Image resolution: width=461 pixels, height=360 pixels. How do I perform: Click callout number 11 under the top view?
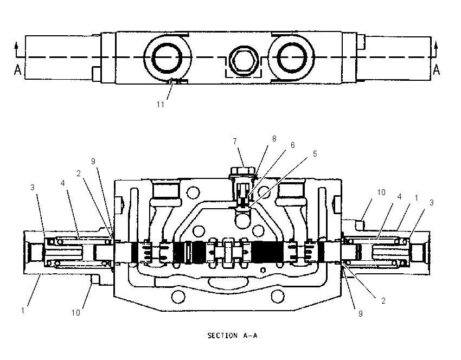160,104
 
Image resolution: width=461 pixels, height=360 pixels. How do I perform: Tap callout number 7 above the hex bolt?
235,142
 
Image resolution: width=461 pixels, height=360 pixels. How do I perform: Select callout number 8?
274,139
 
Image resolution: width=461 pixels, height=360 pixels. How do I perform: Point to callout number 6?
292,145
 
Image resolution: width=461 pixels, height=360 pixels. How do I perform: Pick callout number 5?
315,154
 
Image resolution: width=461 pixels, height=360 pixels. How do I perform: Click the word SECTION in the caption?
222,336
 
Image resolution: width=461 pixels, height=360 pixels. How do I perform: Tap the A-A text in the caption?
250,336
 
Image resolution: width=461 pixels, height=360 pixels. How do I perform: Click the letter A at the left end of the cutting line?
18,70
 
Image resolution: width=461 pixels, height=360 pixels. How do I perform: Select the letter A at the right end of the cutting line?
437,69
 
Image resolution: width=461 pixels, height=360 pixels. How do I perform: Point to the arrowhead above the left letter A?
16,45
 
